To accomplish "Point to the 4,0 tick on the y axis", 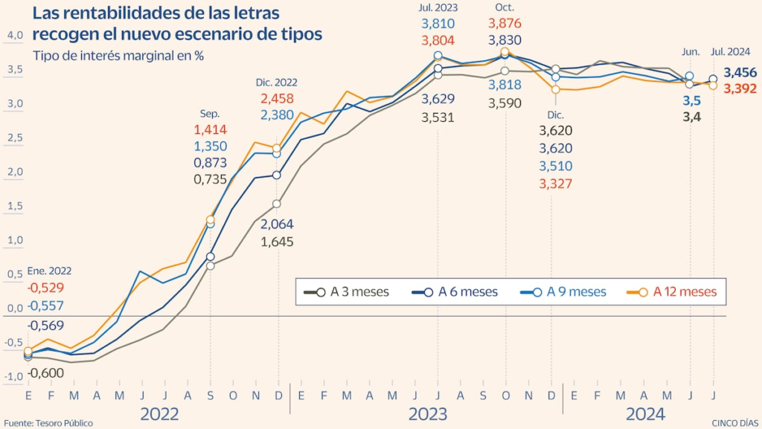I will (16, 35).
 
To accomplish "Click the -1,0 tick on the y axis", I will (15, 377).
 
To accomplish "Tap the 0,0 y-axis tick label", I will (16, 309).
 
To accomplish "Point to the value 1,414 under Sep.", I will (210, 130).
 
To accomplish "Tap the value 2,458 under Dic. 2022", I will (277, 98).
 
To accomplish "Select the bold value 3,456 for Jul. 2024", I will (740, 72).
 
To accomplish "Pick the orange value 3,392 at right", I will (740, 88).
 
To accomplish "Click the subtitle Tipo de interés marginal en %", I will (118, 55).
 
